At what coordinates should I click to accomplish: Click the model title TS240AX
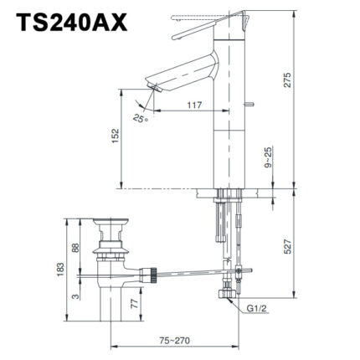69,23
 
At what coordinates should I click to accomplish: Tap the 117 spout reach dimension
195,105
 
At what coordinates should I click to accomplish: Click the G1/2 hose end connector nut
224,296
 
